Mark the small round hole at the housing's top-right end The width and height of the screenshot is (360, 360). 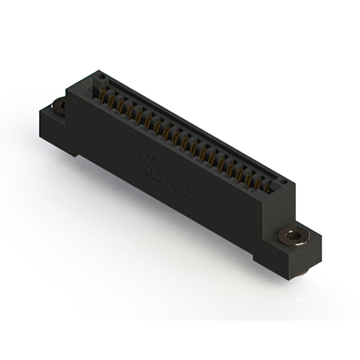click(283, 182)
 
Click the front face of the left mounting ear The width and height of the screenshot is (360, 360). click(53, 129)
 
